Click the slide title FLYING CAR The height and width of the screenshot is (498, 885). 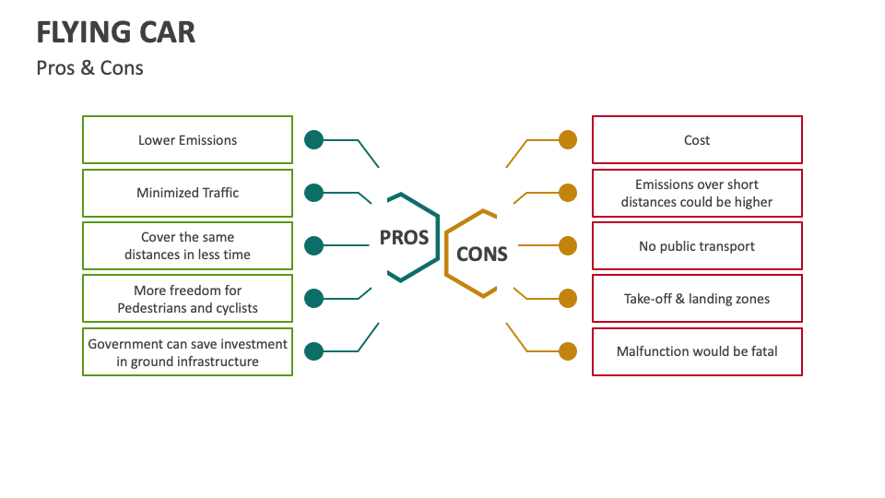tap(116, 32)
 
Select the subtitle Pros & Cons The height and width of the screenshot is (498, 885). tap(90, 68)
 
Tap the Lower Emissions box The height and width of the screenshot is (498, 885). tap(188, 140)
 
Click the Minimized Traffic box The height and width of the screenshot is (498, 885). tap(188, 193)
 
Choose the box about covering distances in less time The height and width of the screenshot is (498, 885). tap(188, 245)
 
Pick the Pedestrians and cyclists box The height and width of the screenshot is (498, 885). tap(188, 299)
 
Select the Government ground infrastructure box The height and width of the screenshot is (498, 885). tap(188, 351)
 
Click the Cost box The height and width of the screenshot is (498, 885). tap(697, 140)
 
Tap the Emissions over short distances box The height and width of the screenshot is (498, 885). tap(697, 193)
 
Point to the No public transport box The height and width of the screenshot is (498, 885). tap(697, 246)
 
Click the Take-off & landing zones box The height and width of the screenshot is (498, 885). tap(697, 299)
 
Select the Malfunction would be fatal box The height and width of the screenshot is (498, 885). tap(697, 351)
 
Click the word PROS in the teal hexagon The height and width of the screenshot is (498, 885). tap(405, 238)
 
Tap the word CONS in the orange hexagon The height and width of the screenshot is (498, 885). tap(482, 254)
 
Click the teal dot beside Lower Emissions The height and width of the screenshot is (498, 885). tap(313, 140)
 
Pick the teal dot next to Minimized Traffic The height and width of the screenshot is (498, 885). tap(313, 193)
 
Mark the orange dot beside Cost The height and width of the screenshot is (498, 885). tap(568, 140)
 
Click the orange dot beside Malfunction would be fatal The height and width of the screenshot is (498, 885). tap(568, 351)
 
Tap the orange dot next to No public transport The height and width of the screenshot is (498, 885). tap(568, 246)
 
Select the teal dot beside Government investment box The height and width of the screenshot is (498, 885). tap(313, 351)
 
